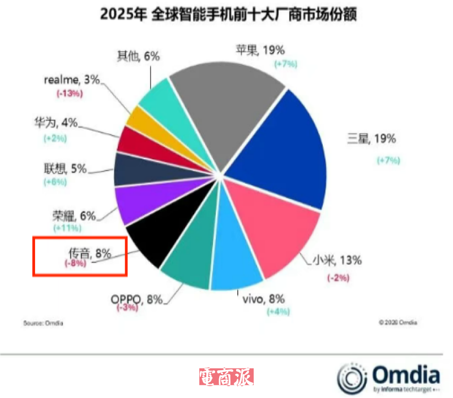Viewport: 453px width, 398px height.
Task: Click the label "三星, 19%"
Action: click(374, 138)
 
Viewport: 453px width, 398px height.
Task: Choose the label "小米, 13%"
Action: click(337, 260)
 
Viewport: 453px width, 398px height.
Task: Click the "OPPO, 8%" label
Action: click(137, 298)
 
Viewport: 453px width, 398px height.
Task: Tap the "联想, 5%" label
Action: click(63, 168)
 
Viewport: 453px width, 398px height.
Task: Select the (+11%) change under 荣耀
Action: click(67, 228)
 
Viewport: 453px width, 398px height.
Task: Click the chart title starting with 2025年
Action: click(228, 15)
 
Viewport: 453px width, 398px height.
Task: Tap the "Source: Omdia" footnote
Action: click(43, 323)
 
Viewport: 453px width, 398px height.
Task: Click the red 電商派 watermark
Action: click(226, 376)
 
